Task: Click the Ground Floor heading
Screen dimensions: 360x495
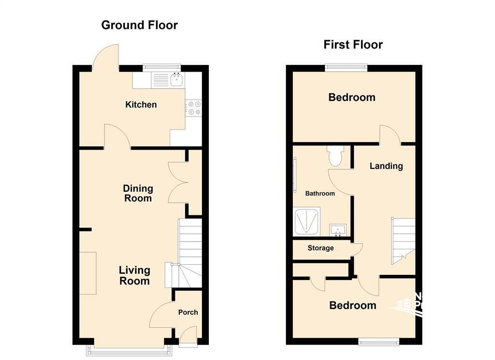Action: tap(139, 25)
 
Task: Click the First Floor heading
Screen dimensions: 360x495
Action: tap(353, 45)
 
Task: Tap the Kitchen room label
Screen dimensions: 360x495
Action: tap(141, 105)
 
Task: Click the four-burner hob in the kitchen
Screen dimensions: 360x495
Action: tap(194, 108)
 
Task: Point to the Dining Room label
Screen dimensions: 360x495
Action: tap(138, 193)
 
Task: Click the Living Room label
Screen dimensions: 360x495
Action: tap(134, 275)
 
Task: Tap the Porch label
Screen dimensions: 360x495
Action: tap(188, 312)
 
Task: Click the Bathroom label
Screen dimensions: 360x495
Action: tap(320, 194)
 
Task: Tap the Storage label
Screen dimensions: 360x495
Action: tap(320, 248)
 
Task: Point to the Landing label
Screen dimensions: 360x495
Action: tap(386, 166)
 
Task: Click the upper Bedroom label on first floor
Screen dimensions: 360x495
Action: tap(351, 97)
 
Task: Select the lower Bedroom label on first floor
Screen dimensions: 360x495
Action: tap(352, 305)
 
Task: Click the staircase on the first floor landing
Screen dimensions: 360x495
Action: tap(403, 240)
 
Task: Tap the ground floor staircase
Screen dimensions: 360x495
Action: tap(189, 252)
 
